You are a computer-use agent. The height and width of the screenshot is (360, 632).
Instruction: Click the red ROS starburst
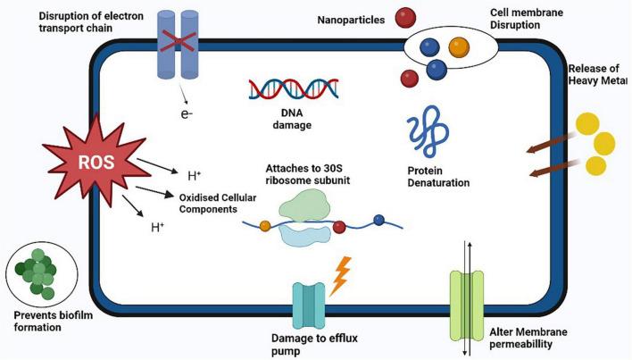click(89, 164)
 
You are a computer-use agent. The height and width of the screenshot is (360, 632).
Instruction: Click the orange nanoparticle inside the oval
click(459, 46)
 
